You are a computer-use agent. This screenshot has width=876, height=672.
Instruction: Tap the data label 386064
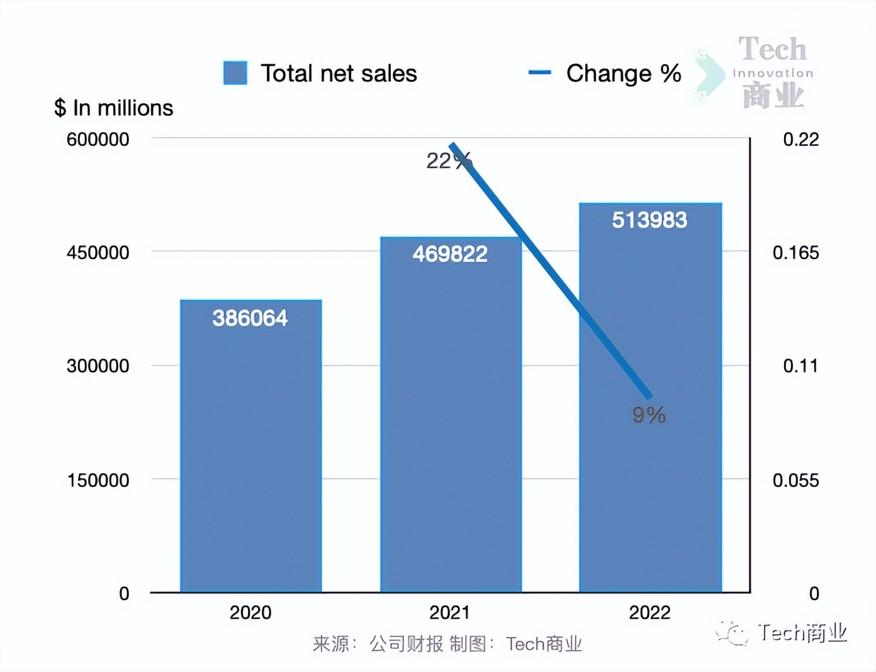250,318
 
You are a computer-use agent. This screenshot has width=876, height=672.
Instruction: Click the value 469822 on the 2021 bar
450,254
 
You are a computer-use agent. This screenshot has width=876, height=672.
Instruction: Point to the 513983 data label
649,220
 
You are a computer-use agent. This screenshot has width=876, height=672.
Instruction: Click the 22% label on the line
447,161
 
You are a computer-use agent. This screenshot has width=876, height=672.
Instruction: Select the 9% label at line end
649,415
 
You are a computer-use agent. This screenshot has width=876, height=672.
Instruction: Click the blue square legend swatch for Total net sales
235,73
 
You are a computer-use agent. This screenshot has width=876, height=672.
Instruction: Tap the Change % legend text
623,74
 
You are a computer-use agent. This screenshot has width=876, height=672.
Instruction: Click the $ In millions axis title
113,108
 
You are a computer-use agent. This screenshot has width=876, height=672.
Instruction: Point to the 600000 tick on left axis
98,139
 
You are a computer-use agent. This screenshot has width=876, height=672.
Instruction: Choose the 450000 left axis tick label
98,253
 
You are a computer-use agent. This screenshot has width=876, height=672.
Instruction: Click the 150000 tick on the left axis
98,480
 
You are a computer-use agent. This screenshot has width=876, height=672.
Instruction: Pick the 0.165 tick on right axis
795,253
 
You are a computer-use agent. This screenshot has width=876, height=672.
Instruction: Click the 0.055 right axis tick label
795,480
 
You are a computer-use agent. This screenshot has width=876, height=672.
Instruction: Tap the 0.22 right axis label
800,139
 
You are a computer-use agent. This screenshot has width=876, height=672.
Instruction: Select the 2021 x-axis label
449,612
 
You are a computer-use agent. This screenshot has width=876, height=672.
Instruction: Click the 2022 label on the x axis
649,612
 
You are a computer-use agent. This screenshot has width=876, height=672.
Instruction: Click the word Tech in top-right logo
772,50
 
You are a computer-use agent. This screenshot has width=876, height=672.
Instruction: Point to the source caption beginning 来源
447,644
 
